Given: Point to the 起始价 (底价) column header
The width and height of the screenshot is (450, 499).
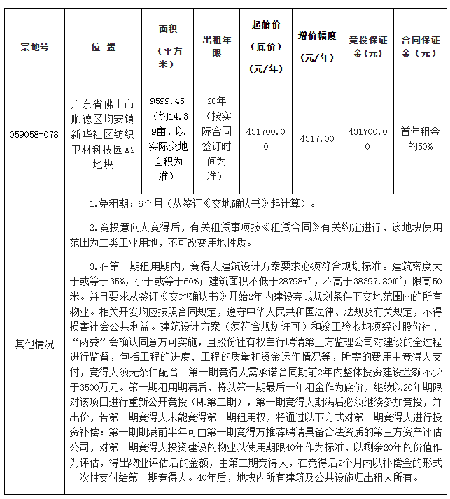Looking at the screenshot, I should [x=266, y=43].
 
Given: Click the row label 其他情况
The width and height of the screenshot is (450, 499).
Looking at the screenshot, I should [x=34, y=345].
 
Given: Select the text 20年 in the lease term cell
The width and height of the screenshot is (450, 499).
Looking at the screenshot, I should [x=217, y=101].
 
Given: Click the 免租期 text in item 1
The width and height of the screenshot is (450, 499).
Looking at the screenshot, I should [x=111, y=204].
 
